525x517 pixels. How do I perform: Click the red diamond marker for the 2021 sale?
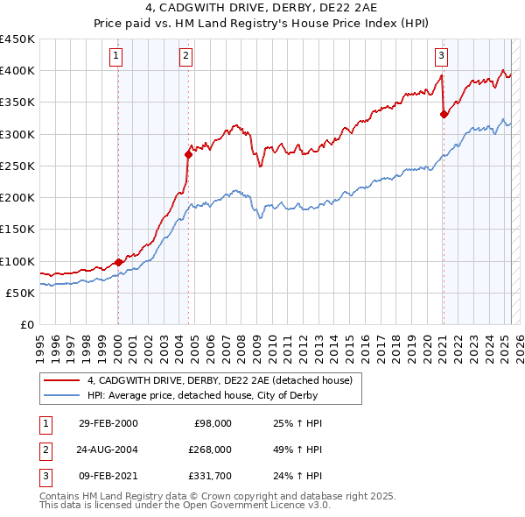pyautogui.click(x=444, y=113)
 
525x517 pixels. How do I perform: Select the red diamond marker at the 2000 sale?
pyautogui.click(x=118, y=261)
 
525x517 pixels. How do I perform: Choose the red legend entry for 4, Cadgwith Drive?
pyautogui.click(x=219, y=380)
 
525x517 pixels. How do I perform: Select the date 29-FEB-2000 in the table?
pyautogui.click(x=108, y=423)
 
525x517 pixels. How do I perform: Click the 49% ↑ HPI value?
pyautogui.click(x=292, y=449)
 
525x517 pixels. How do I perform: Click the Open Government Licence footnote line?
pyautogui.click(x=185, y=505)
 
